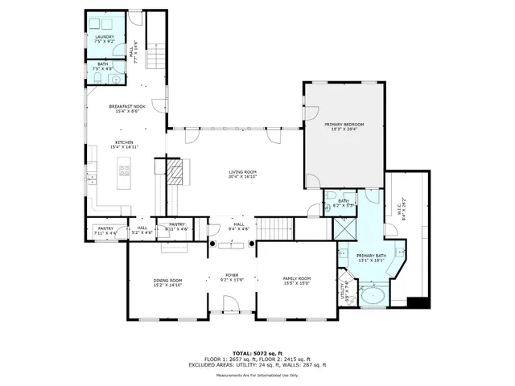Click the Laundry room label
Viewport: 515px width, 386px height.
tap(105, 39)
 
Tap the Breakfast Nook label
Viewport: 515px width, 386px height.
tap(127, 109)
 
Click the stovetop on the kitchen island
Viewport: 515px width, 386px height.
tap(125, 170)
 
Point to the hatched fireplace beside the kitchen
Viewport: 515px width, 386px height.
tap(176, 170)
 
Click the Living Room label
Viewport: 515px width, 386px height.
tap(242, 175)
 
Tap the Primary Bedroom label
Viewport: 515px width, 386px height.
tap(344, 127)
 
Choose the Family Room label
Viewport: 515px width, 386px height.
tap(296, 281)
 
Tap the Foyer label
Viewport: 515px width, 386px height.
tap(232, 277)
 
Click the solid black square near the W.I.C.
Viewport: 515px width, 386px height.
tap(416, 303)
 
